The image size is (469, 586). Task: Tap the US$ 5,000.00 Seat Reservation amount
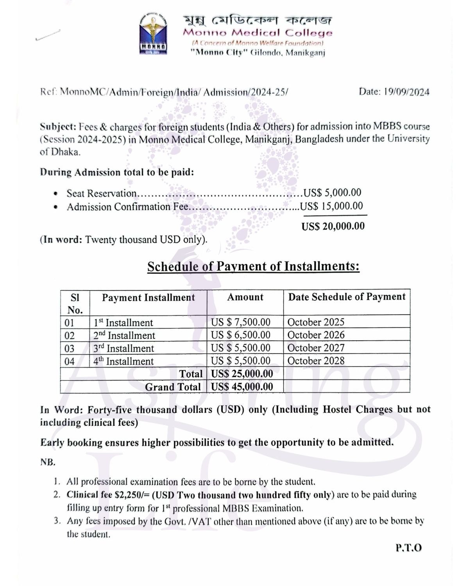332,193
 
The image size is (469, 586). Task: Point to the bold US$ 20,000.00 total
333,226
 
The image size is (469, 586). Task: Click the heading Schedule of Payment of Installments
253,266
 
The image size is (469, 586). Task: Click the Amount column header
245,297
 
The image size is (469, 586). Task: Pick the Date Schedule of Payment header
347,297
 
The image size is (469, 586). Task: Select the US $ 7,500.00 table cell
240,322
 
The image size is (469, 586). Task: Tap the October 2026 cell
316,335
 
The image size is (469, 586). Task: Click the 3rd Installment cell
124,348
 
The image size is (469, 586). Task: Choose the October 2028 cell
316,361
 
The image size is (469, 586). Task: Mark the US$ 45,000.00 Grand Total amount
242,387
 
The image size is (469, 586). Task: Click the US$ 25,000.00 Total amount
242,374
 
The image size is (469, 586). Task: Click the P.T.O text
409,548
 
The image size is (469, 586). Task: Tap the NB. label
48,463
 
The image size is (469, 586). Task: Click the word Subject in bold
57,127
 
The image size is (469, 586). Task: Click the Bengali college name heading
258,20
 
